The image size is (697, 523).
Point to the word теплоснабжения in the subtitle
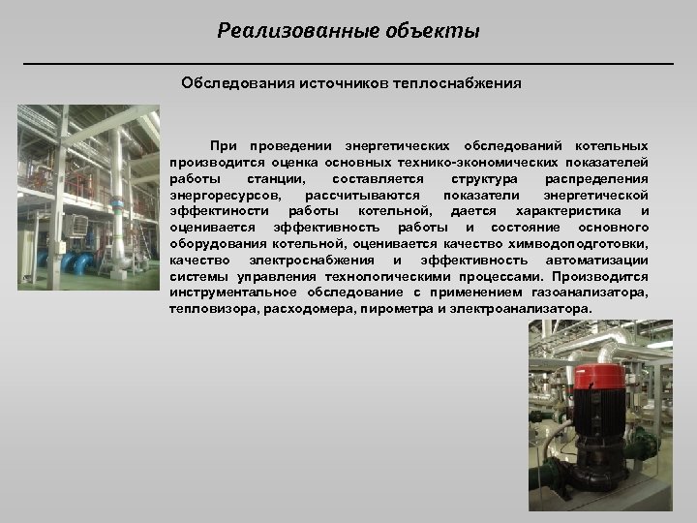[456, 83]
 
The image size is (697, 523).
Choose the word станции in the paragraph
[277, 179]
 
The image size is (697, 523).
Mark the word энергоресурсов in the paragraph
[219, 195]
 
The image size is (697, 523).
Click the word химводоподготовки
[588, 244]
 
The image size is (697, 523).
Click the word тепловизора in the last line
[207, 309]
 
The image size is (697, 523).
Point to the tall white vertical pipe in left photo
[117, 194]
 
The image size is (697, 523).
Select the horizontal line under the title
[348, 63]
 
